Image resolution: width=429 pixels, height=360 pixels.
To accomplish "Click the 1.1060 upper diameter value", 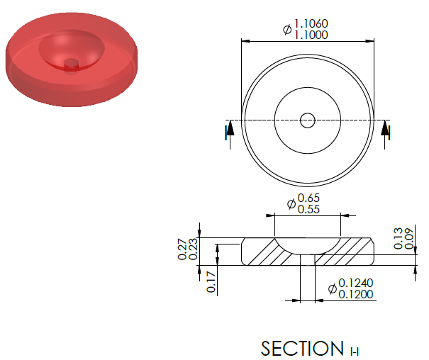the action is pos(311,24).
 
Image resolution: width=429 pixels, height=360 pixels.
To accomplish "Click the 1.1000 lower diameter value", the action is pos(311,35).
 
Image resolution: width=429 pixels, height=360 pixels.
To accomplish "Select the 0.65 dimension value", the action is pos(308,198).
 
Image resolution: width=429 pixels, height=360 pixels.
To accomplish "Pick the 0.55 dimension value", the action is pos(308,209).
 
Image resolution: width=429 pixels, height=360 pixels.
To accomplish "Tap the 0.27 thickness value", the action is pos(182,249).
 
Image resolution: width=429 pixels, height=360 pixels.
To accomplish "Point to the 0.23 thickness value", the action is pos(193,249).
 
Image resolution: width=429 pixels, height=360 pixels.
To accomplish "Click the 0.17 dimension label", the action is pos(211,282).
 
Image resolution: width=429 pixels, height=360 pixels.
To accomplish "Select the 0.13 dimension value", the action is pos(399,238).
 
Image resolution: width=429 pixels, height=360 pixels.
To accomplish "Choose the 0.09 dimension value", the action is pos(409,238).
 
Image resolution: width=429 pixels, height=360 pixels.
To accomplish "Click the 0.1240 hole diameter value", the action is pos(356,283).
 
